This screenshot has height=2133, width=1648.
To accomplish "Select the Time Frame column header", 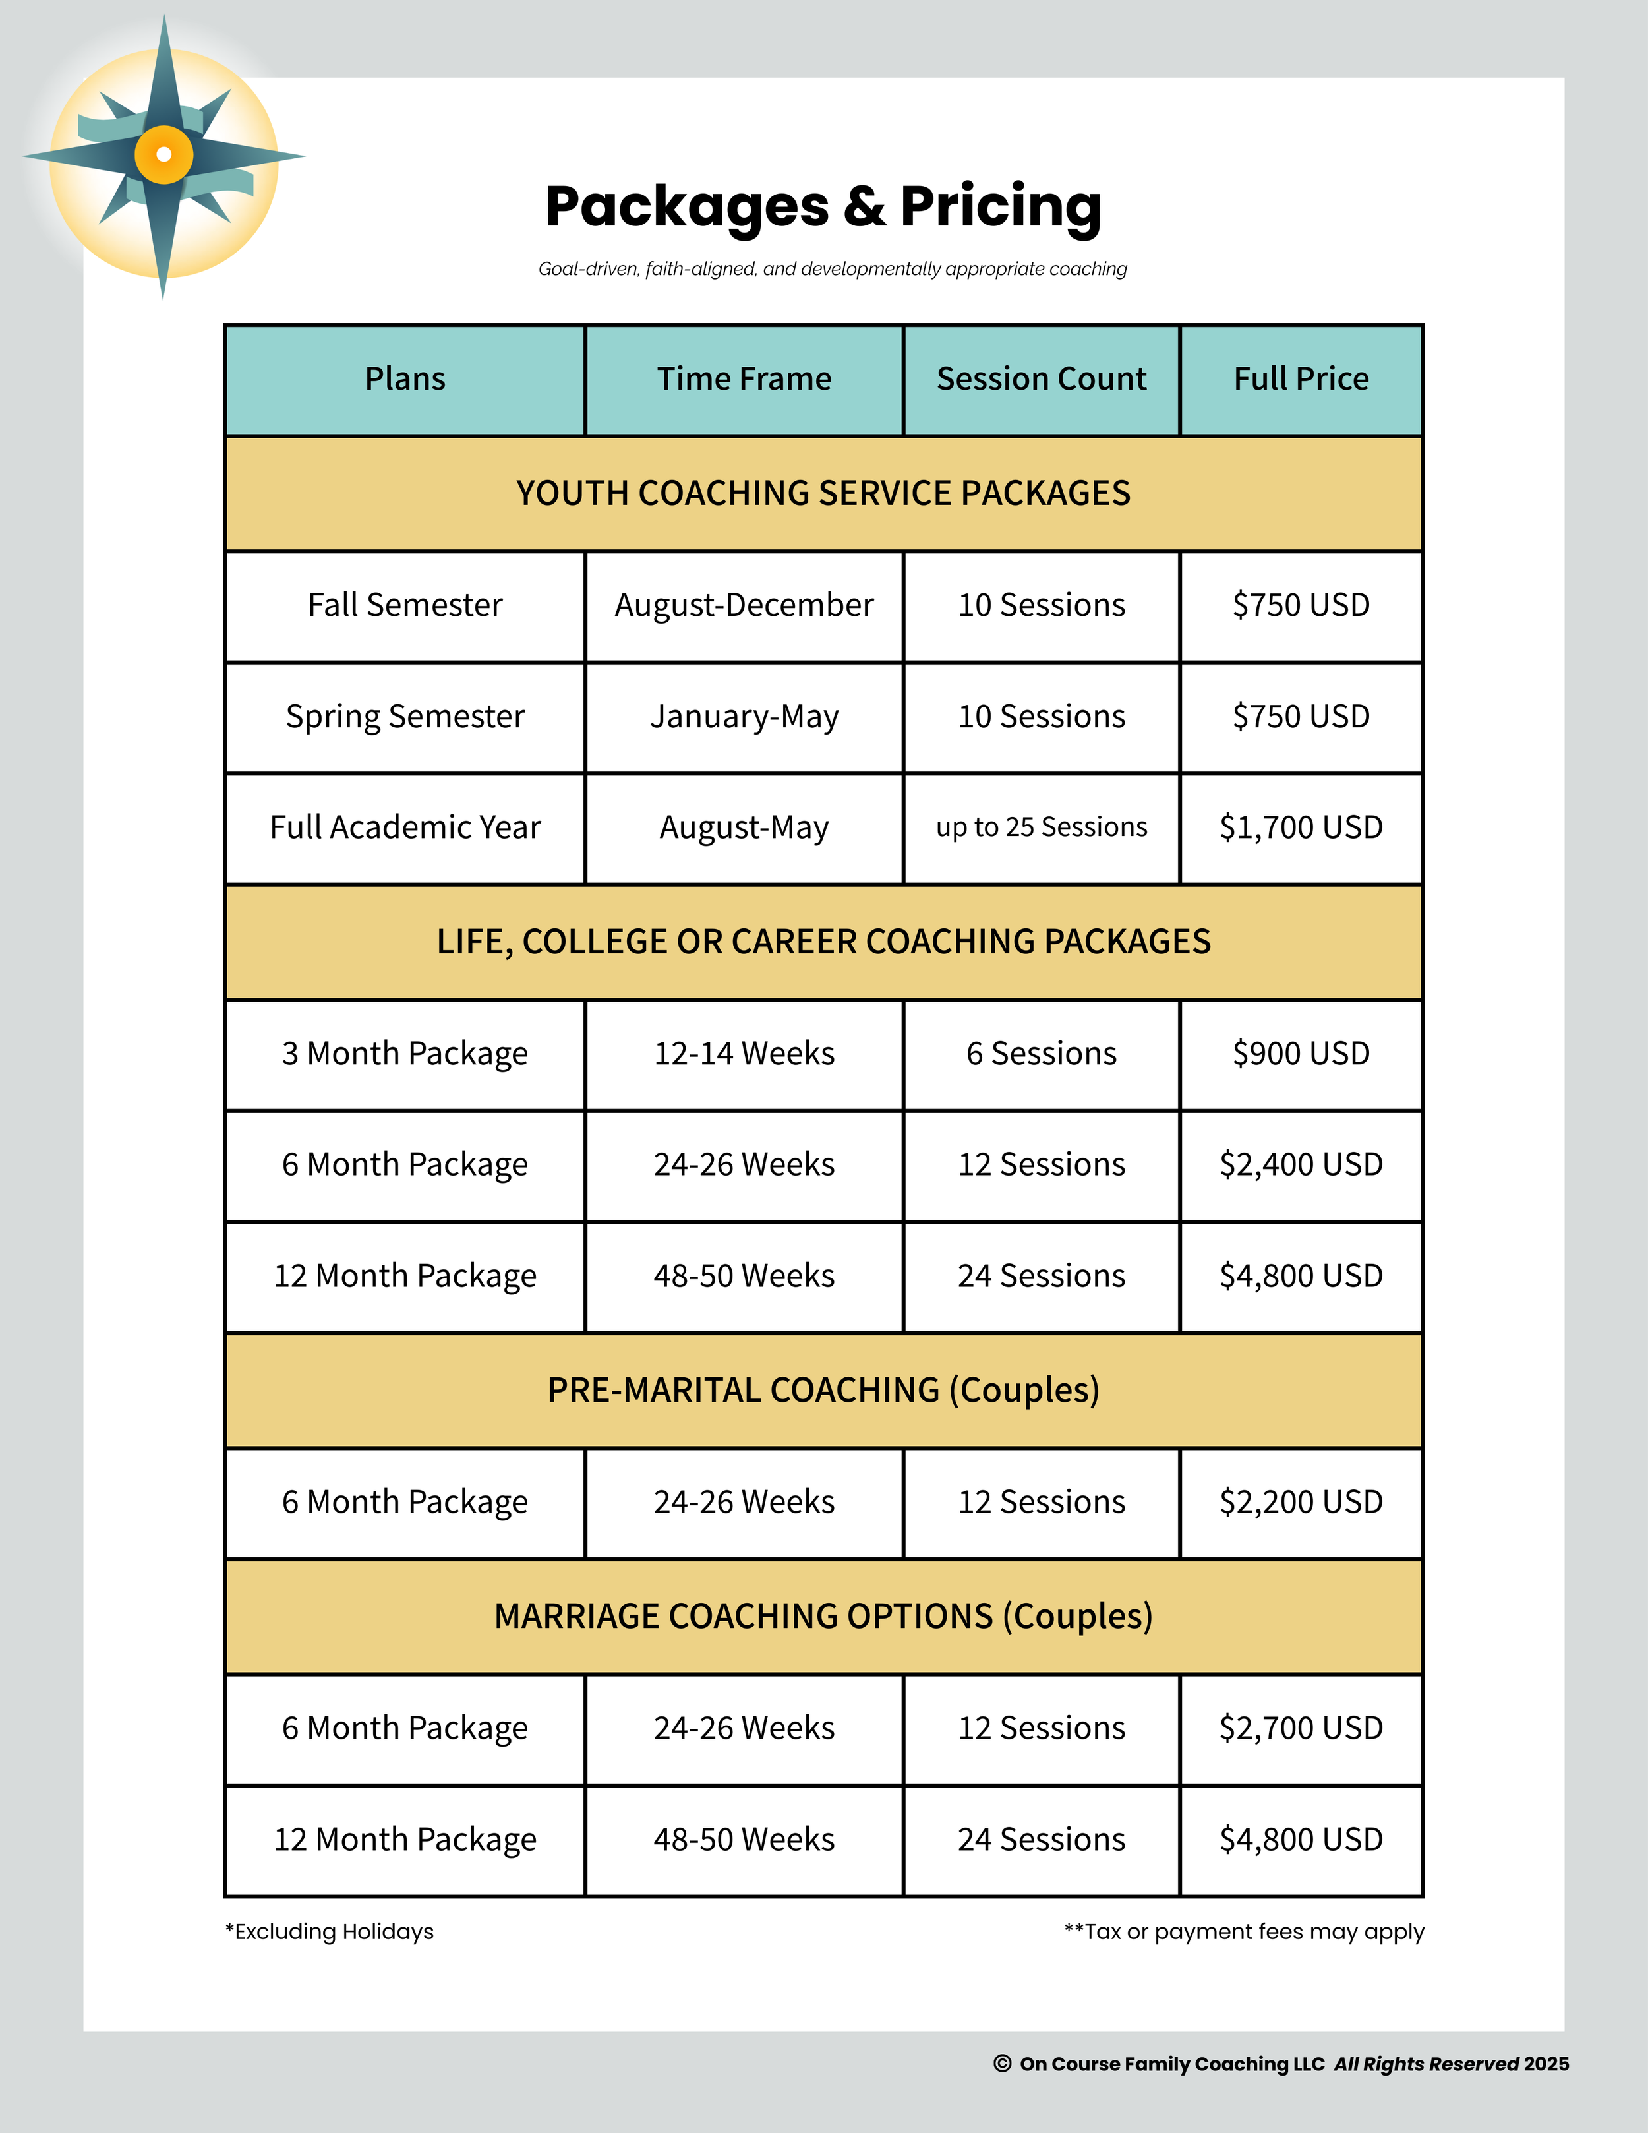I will coord(744,379).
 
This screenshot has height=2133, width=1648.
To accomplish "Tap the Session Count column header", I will coord(1041,379).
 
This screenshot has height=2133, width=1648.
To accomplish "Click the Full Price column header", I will coord(1301,379).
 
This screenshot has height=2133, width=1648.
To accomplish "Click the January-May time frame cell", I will coord(744,717).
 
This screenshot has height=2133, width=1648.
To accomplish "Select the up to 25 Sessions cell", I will coord(1041,827).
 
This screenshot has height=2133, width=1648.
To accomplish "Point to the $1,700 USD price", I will coord(1301,827).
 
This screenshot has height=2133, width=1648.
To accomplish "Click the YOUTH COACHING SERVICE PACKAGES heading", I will coord(823,493).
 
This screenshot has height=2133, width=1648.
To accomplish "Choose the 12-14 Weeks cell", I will coord(744,1054).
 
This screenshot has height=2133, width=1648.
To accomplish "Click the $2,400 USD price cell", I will coord(1301,1164).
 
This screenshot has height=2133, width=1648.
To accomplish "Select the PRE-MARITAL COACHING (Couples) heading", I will coord(823,1390).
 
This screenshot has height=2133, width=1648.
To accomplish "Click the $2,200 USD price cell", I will coord(1301,1502).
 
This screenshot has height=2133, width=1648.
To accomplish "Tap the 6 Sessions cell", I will coord(1041,1054).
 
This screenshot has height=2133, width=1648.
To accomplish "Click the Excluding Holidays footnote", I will coord(330,1932).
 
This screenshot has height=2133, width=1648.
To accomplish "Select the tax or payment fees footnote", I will coord(1244,1932).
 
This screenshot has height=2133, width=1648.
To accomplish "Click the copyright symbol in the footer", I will coord(1002,2064).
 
